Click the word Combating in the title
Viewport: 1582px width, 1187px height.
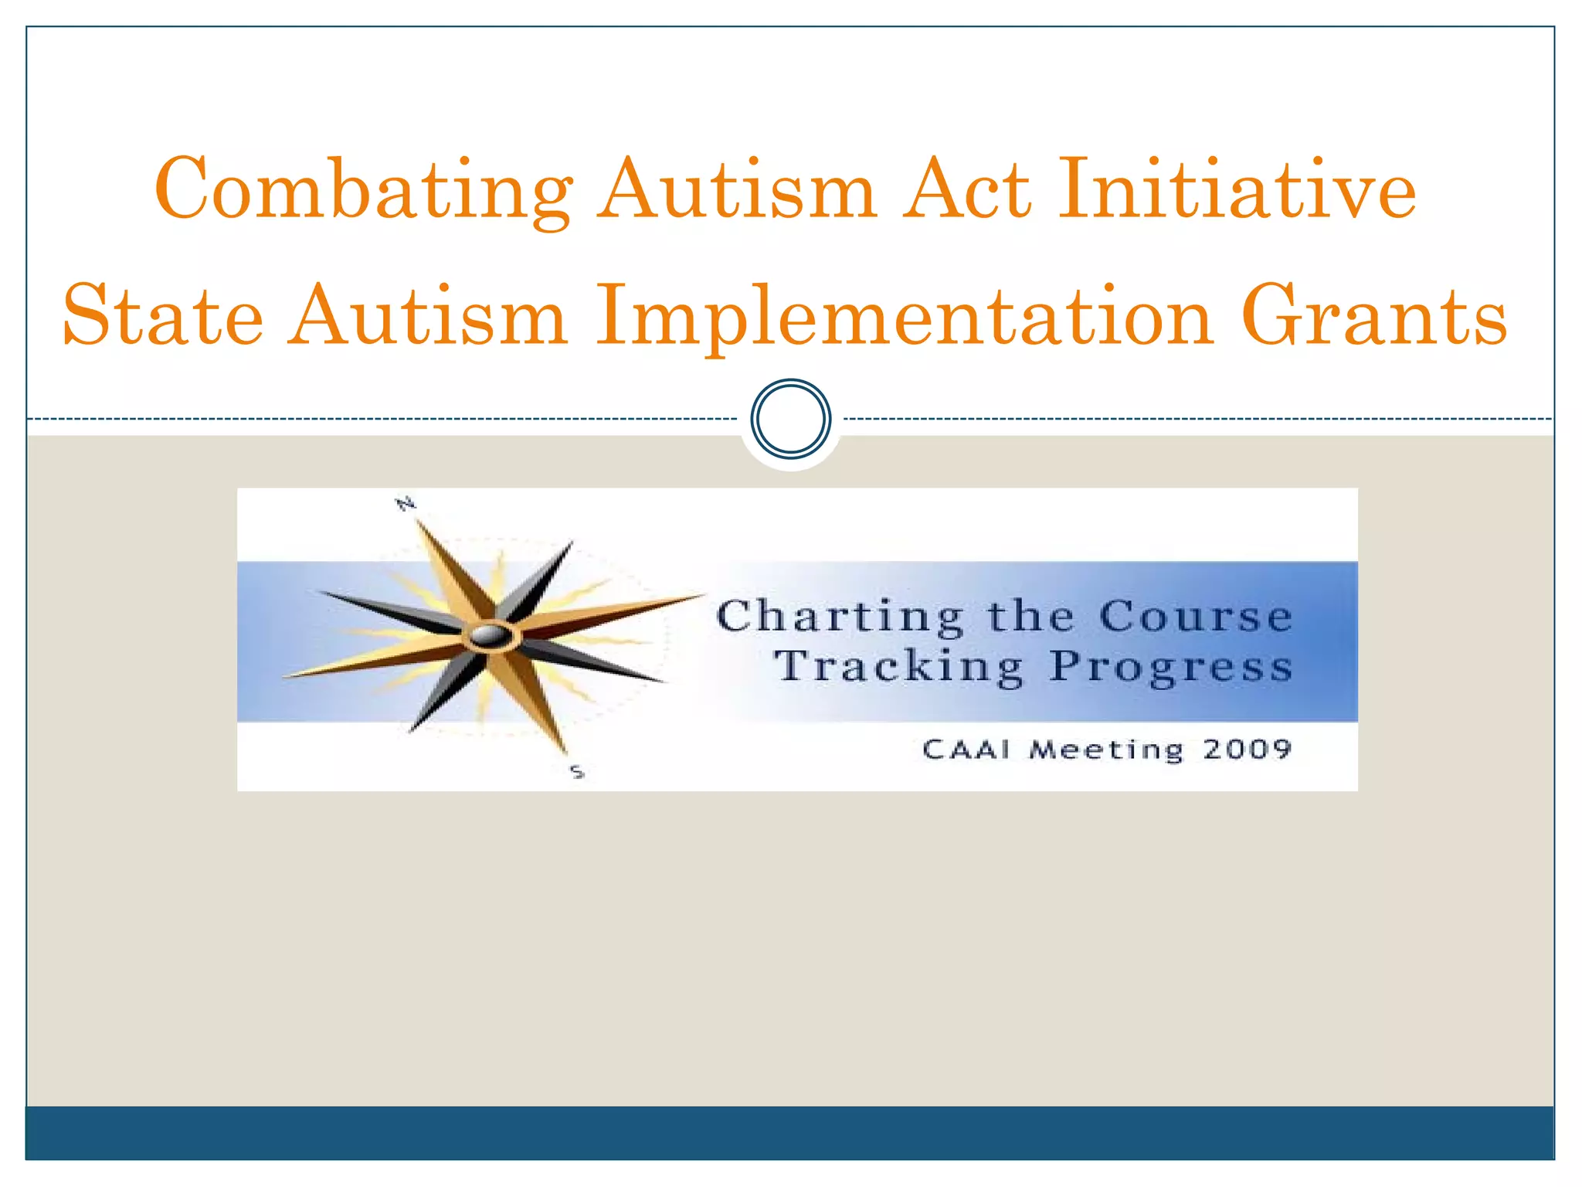coord(364,189)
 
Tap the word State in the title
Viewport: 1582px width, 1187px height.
coord(163,315)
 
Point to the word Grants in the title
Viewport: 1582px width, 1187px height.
coord(1374,315)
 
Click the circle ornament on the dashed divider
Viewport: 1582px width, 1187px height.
coord(791,418)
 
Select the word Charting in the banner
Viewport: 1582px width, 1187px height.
coord(840,617)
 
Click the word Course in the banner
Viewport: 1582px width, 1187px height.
coord(1195,617)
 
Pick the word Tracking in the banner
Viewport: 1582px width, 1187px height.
coord(900,667)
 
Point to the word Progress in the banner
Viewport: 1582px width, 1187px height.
coord(1170,667)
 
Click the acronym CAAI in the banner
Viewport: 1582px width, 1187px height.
coord(966,749)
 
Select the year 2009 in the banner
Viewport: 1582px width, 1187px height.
coord(1247,749)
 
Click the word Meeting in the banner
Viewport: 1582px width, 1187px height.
coord(1106,750)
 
